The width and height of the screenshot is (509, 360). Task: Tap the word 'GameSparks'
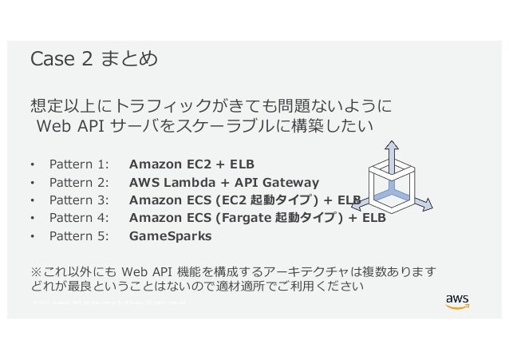tap(171, 236)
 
